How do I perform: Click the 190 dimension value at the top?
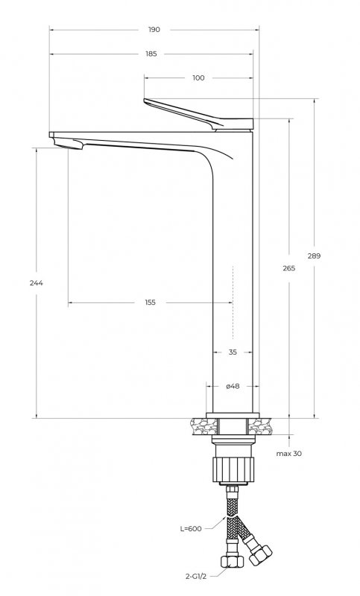click(154, 30)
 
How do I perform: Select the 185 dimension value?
click(151, 54)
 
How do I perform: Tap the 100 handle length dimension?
click(198, 78)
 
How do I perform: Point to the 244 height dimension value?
click(37, 283)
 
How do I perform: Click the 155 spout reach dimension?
click(150, 302)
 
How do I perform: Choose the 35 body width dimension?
click(233, 352)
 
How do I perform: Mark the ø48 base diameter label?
click(233, 386)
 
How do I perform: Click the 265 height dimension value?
click(289, 268)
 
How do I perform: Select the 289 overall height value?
click(314, 256)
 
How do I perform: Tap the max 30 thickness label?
click(289, 454)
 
